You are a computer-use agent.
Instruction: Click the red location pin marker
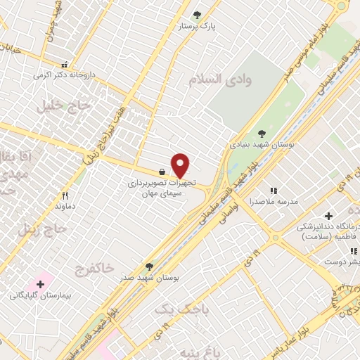[181, 166]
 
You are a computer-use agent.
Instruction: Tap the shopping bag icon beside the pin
[162, 172]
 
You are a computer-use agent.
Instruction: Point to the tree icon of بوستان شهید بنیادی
[262, 133]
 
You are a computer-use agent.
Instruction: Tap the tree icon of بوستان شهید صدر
[148, 266]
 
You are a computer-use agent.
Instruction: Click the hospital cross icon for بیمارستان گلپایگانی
[40, 285]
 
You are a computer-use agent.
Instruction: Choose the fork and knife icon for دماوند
[65, 196]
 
